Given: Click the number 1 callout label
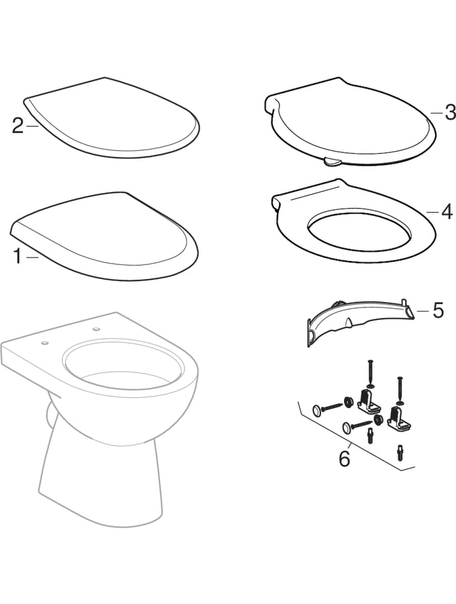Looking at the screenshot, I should [x=17, y=255].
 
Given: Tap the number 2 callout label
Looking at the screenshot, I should [x=18, y=125].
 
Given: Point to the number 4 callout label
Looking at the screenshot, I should [x=447, y=212].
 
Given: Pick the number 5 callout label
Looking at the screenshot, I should [x=437, y=310].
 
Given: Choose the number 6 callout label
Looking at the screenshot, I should [x=344, y=458].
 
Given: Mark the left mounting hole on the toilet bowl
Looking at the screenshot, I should [x=45, y=342].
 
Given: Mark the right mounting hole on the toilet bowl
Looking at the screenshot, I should [x=95, y=329].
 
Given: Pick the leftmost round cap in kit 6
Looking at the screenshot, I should [x=317, y=409].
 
